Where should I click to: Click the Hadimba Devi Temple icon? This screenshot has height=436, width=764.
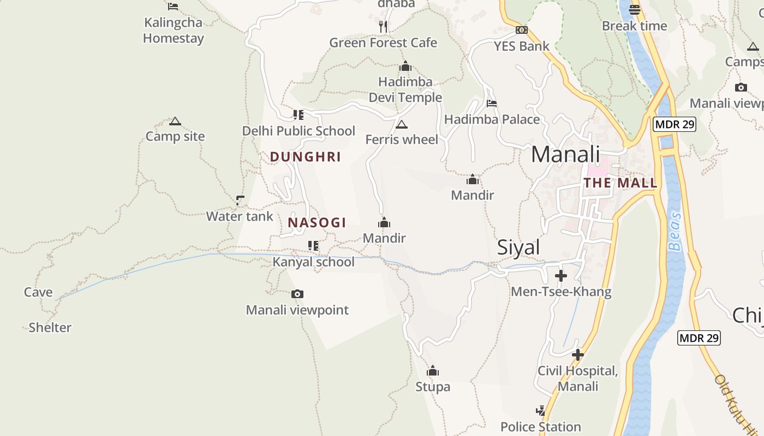click(405, 67)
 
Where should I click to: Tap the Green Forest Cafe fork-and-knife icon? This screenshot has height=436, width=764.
click(383, 26)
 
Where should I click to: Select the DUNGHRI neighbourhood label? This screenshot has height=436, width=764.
click(305, 157)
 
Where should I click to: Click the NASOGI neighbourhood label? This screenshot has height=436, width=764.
click(317, 222)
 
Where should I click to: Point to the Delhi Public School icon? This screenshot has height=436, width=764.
click(298, 114)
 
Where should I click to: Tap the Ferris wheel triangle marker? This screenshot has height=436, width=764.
click(402, 124)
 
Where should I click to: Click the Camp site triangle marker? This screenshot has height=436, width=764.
click(175, 121)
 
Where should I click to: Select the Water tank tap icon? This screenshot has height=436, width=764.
click(240, 200)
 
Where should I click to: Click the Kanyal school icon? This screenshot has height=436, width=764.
click(313, 246)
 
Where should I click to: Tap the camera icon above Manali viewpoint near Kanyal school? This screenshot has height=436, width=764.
click(297, 294)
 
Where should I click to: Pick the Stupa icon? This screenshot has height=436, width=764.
click(433, 371)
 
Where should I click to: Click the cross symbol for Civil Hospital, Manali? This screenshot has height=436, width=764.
click(577, 355)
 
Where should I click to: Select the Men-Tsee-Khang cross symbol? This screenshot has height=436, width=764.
click(560, 276)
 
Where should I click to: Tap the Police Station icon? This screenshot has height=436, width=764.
click(540, 411)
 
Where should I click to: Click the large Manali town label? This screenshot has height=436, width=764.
click(565, 154)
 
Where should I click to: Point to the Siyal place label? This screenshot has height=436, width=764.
click(518, 247)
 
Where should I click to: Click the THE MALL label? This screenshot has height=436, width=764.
click(620, 183)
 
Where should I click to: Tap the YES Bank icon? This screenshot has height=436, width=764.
click(522, 30)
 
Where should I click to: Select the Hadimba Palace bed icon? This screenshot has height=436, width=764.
click(492, 103)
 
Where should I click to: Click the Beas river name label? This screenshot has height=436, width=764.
click(676, 231)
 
